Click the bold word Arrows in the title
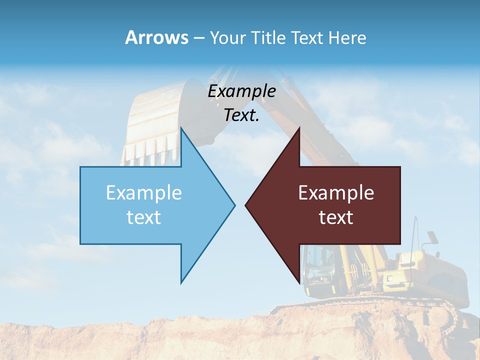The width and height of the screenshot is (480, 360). pyautogui.click(x=156, y=37)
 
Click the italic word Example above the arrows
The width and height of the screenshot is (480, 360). pyautogui.click(x=241, y=91)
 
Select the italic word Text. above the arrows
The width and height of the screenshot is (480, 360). pyautogui.click(x=241, y=115)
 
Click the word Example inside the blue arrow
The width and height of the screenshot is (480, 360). pyautogui.click(x=144, y=192)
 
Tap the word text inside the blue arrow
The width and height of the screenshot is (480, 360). pyautogui.click(x=144, y=217)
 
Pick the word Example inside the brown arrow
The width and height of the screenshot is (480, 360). pyautogui.click(x=336, y=192)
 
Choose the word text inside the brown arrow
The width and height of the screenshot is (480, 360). pyautogui.click(x=336, y=217)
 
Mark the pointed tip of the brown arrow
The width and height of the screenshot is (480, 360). pyautogui.click(x=246, y=205)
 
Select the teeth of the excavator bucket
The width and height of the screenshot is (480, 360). pyautogui.click(x=145, y=152)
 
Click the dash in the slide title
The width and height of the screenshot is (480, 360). pyautogui.click(x=198, y=38)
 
